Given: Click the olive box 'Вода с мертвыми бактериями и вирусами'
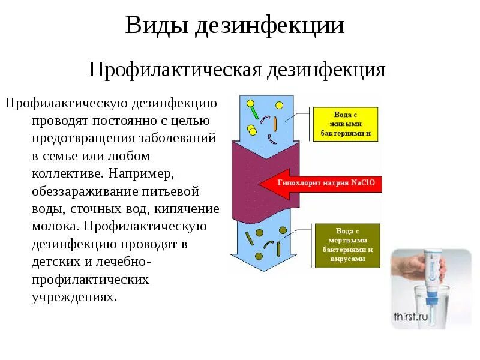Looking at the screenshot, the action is point(347,245).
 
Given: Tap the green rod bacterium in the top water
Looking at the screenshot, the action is point(255,112).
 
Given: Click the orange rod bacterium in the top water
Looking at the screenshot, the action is point(275,124).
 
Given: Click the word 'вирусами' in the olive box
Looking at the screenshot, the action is point(347,259).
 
